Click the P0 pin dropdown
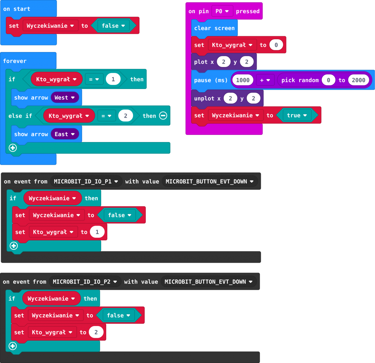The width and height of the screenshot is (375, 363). click(222, 11)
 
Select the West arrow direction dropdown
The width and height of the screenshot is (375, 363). click(65, 98)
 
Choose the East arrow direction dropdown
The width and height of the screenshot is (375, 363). click(65, 134)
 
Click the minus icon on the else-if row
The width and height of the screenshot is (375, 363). click(163, 116)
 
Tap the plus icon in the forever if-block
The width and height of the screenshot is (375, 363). click(13, 148)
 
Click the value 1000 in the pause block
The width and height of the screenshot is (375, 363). click(243, 80)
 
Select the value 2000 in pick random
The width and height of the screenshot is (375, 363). click(359, 80)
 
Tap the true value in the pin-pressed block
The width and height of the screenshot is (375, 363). click(297, 115)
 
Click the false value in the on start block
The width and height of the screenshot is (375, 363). click(114, 26)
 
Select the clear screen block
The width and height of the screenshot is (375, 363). click(214, 28)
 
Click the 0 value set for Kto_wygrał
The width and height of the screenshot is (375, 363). click(276, 45)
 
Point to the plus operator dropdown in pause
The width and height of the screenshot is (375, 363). click(265, 80)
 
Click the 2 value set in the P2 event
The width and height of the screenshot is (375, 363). click(96, 332)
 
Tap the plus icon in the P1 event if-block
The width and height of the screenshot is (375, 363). click(14, 245)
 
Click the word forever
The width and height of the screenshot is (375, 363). click(15, 61)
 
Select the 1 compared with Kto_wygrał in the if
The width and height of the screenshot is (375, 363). click(113, 79)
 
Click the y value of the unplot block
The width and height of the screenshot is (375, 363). click(253, 99)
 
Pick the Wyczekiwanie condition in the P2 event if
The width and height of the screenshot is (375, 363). click(52, 299)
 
